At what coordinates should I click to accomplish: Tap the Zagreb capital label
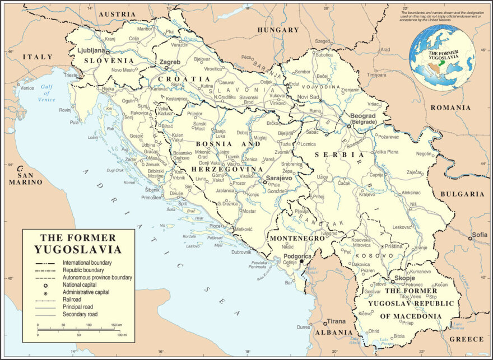pyautogui.click(x=170, y=62)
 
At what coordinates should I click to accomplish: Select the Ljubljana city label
pyautogui.click(x=95, y=50)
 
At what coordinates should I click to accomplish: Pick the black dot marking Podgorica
pyautogui.click(x=301, y=261)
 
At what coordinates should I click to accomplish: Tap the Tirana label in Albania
pyautogui.click(x=336, y=321)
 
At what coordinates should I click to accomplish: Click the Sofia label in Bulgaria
pyautogui.click(x=480, y=235)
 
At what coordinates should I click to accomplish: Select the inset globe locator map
pyautogui.click(x=442, y=58)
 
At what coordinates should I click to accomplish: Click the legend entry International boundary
pyautogui.click(x=87, y=262)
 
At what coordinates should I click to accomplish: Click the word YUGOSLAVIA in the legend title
pyautogui.click(x=78, y=249)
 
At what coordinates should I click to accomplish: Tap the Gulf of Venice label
pyautogui.click(x=47, y=93)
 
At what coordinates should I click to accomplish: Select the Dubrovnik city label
pyautogui.click(x=241, y=252)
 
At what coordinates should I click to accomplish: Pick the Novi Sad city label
pyautogui.click(x=308, y=97)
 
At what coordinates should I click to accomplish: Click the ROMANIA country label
pyautogui.click(x=450, y=107)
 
